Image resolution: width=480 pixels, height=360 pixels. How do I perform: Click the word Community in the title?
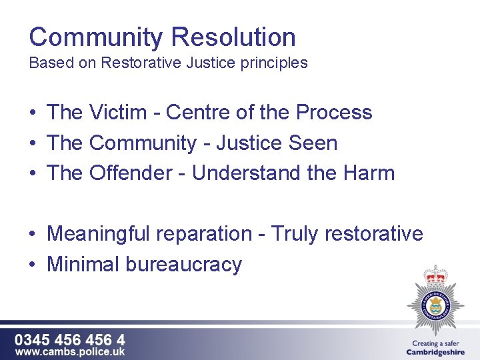(95, 37)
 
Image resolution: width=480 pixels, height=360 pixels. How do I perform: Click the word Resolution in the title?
(233, 37)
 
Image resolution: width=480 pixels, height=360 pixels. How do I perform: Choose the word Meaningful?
(99, 234)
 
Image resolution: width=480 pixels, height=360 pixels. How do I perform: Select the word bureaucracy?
(183, 265)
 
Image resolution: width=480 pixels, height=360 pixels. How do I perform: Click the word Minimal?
(83, 265)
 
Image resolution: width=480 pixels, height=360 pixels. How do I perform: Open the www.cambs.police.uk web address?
(70, 351)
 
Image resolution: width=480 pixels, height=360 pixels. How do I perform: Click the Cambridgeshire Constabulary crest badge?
(436, 301)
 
